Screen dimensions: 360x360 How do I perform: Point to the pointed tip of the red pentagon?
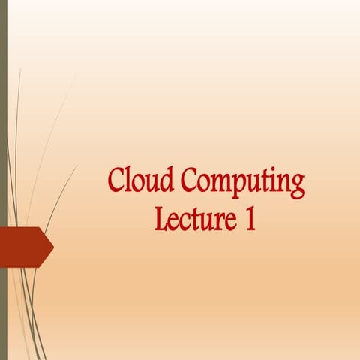(x=52, y=246)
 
